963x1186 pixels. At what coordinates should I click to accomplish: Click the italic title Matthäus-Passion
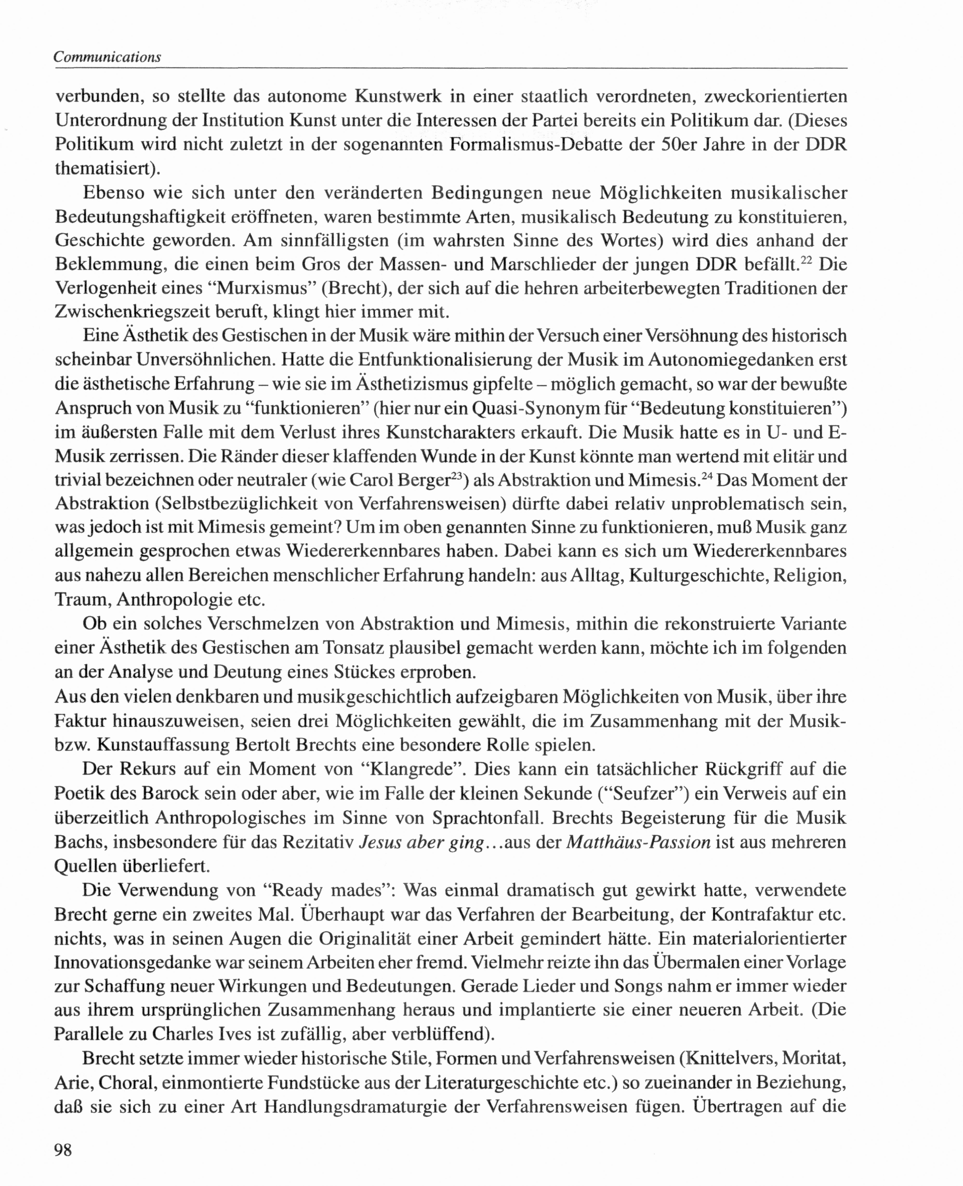point(638,841)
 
